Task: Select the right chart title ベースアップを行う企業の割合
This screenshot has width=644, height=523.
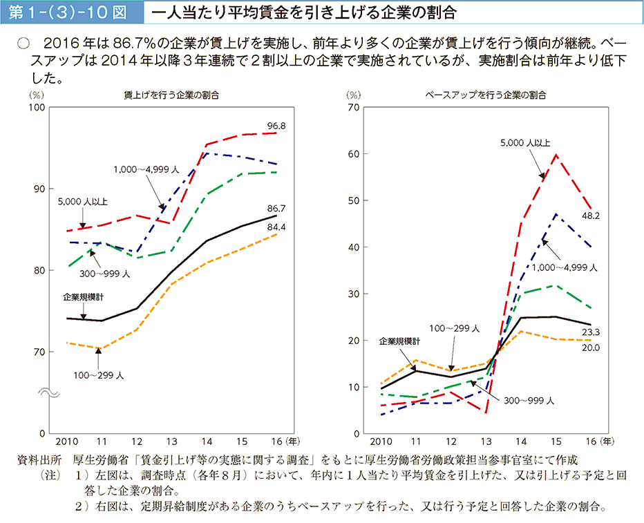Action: pos(485,95)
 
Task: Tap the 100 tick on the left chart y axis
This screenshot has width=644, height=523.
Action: pos(37,108)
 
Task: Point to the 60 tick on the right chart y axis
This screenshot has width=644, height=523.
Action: pos(354,154)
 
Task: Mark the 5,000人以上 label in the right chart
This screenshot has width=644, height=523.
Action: pos(525,143)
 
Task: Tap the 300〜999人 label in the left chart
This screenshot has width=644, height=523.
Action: pos(105,274)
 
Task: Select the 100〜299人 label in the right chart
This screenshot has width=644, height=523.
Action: pos(454,329)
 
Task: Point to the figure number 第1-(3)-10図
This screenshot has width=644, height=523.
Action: pos(70,13)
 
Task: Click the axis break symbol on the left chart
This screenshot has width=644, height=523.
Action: pos(49,393)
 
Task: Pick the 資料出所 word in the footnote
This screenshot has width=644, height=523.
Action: pos(41,459)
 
